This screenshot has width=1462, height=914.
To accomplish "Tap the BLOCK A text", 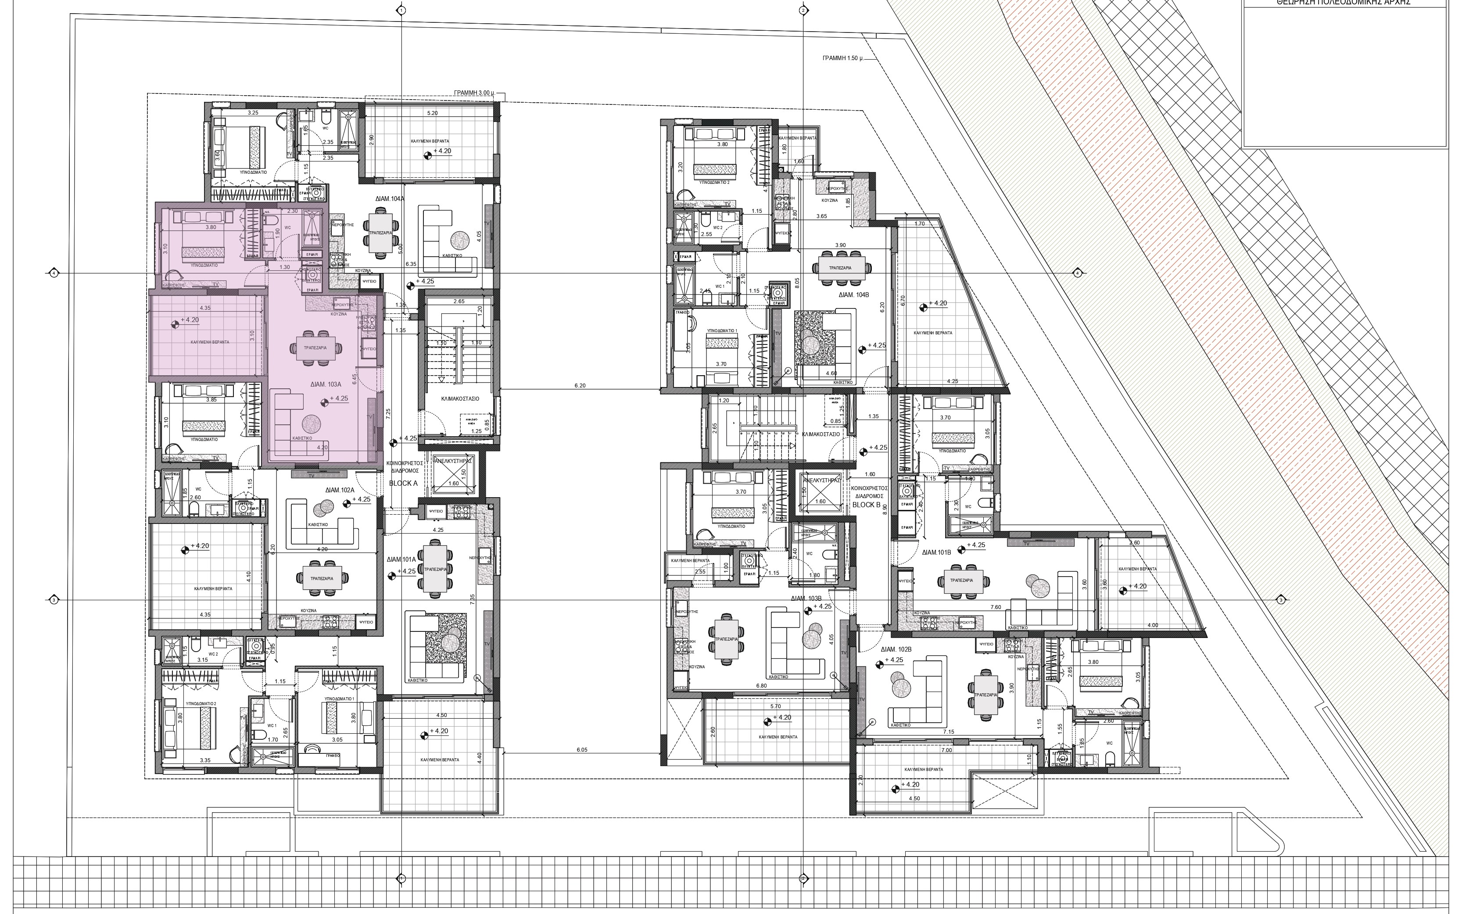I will (403, 484).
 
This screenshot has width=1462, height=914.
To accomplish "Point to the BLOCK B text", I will (866, 505).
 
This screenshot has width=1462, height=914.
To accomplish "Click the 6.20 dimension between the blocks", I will (580, 385).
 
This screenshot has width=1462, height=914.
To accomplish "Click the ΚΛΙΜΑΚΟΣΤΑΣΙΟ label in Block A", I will (460, 398).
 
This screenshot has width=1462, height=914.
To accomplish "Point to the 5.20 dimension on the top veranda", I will (432, 113).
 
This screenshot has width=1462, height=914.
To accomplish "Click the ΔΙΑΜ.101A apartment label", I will (402, 560).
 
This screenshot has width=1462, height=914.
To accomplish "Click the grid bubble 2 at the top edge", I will (803, 10).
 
